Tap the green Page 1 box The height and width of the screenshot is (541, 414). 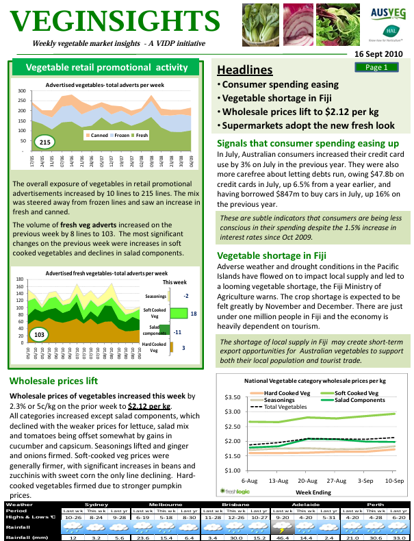coord(376,67)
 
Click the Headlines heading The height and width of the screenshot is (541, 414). coord(244,70)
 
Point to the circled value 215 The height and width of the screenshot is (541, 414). coord(45,142)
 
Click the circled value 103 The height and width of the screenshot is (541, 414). coord(40,335)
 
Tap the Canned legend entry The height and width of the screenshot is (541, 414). coord(99,136)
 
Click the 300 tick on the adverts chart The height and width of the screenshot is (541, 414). coord(22,91)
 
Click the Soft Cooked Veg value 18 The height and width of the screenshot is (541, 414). coord(194,313)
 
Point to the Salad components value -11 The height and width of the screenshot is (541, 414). coord(177,331)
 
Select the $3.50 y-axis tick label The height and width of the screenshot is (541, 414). coord(232,397)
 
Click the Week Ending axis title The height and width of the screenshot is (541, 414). coord(314,492)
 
